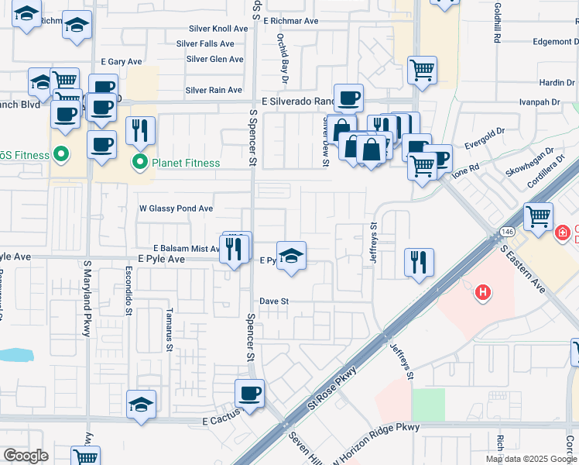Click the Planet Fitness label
click(186, 163)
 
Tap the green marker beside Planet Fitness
click(140, 163)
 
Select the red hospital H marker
click(483, 292)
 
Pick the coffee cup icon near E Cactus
click(250, 394)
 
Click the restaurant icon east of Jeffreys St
click(419, 262)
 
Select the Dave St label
click(274, 301)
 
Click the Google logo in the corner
click(26, 456)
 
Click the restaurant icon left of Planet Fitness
click(140, 131)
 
